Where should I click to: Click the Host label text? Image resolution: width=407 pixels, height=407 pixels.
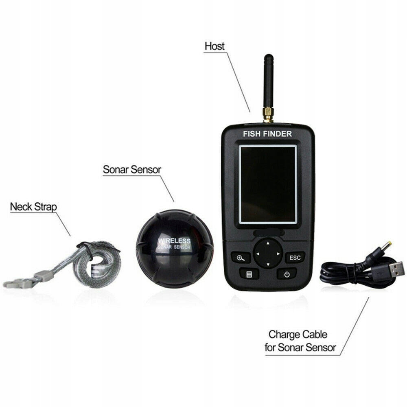pos(214,46)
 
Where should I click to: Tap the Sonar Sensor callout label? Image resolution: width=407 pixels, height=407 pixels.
pos(132,169)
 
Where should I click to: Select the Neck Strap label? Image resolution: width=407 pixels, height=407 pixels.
pos(33,207)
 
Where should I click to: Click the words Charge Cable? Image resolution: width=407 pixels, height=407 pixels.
pos(298,335)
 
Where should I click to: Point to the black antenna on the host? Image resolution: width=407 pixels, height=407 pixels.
pos(269,79)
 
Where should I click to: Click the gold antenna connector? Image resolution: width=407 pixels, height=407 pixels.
pos(268,114)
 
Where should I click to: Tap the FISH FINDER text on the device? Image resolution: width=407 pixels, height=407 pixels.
pos(267,133)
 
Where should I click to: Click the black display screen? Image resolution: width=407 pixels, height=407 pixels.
pos(268,184)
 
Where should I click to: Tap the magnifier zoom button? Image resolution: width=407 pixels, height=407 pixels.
pos(241,257)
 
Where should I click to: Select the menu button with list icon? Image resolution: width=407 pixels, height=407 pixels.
pos(249,273)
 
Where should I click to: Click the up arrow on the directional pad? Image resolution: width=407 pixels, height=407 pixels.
pos(268,243)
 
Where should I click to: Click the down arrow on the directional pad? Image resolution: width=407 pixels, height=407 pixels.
pos(268,265)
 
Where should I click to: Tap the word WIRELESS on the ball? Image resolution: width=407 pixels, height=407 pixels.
pos(174,241)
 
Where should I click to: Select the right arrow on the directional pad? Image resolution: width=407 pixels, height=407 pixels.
pos(278,254)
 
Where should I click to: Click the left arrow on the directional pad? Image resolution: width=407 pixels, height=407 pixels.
pos(257,254)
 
